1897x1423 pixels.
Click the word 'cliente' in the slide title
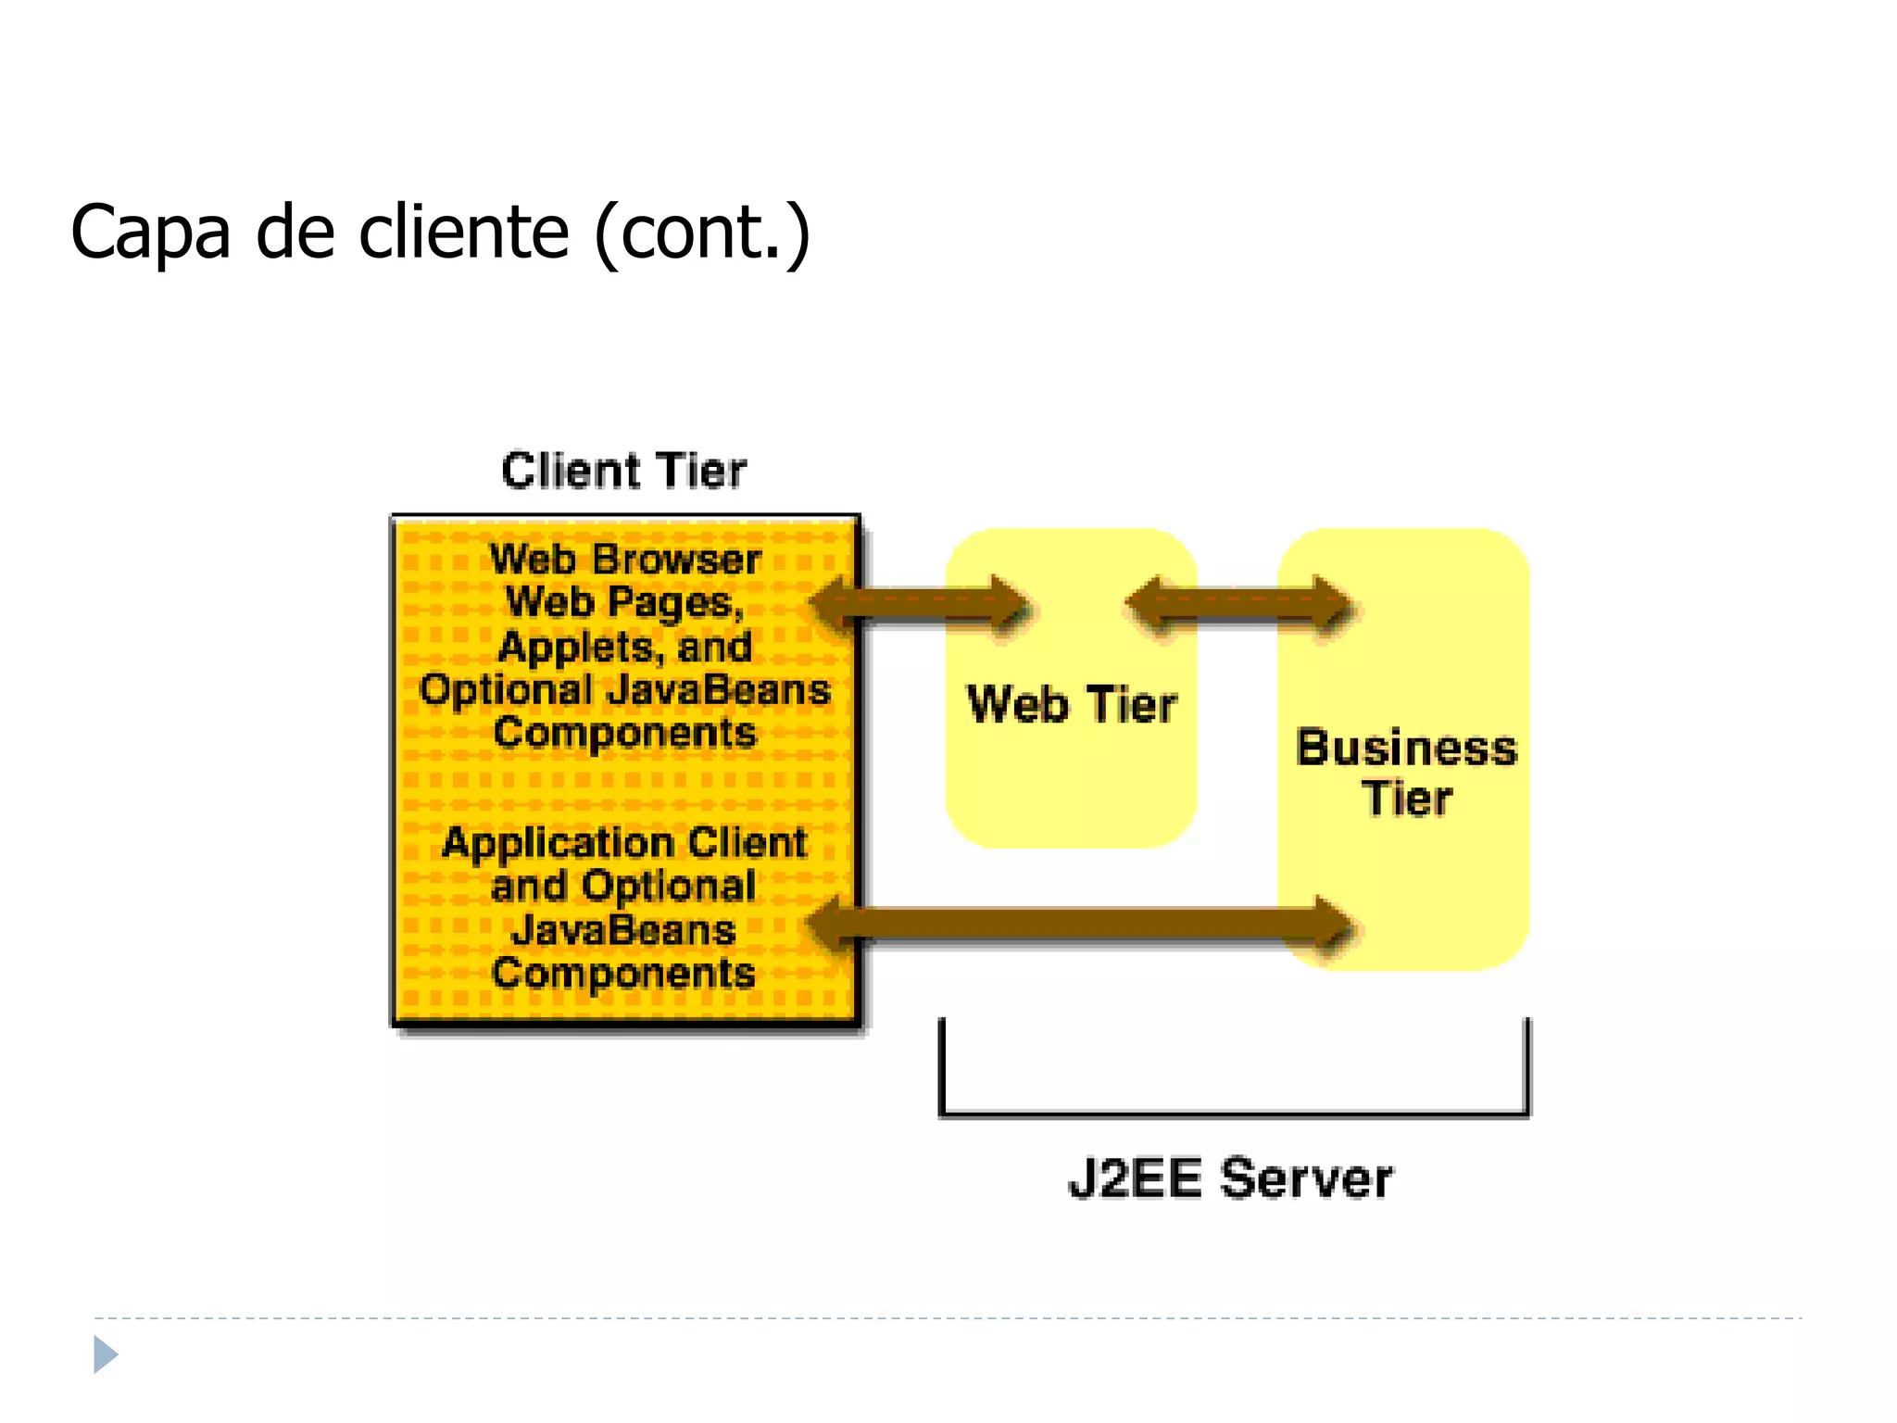(463, 232)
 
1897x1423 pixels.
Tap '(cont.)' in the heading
(702, 233)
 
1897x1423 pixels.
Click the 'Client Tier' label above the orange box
(623, 471)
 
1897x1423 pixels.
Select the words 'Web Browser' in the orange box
(625, 560)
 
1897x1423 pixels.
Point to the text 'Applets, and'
(625, 647)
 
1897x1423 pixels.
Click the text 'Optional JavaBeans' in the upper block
(625, 690)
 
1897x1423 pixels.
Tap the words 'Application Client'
(625, 843)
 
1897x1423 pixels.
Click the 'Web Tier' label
(1072, 704)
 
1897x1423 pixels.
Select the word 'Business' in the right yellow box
(1406, 749)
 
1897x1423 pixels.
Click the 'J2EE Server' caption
(1230, 1179)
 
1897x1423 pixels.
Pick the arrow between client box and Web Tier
(922, 605)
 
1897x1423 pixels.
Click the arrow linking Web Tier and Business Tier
(1238, 605)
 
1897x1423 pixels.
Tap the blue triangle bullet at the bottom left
(105, 1354)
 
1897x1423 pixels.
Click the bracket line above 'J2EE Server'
(1234, 1112)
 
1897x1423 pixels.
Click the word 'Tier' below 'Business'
(1406, 799)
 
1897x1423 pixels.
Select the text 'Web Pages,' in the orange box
(625, 603)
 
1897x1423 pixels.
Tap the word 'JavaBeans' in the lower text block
(623, 930)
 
